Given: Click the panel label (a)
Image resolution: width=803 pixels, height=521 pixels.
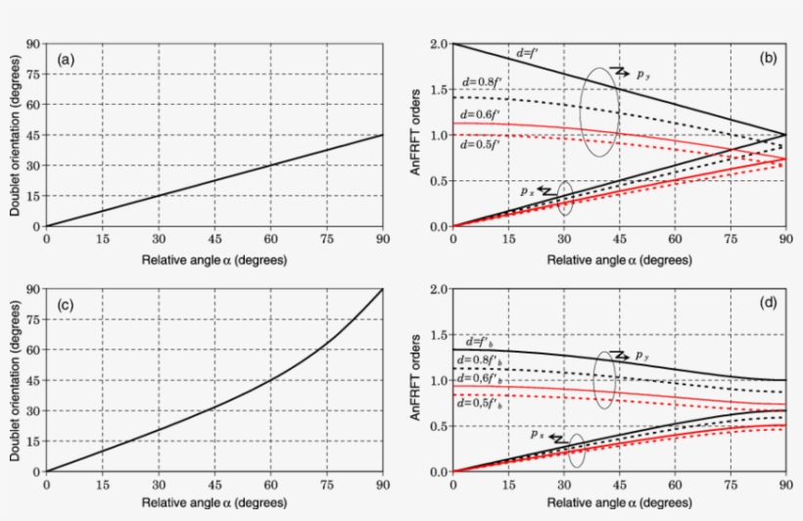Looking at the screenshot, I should (x=67, y=60).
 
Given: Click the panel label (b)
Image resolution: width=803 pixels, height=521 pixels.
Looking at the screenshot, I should (x=769, y=60).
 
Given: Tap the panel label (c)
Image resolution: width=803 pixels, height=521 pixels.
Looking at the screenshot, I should (x=67, y=305).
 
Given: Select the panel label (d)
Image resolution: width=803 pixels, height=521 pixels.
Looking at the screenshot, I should (x=769, y=305).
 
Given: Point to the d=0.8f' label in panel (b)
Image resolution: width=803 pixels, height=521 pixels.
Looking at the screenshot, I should (x=484, y=81).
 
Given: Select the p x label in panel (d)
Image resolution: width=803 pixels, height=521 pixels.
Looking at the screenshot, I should (x=536, y=434).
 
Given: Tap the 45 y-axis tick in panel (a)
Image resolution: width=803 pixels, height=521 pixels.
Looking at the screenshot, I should (x=32, y=135).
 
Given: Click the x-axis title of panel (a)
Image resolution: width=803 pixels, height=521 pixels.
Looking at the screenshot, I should (x=213, y=260).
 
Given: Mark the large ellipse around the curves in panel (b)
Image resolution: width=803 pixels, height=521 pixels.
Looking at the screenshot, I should (x=598, y=110).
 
